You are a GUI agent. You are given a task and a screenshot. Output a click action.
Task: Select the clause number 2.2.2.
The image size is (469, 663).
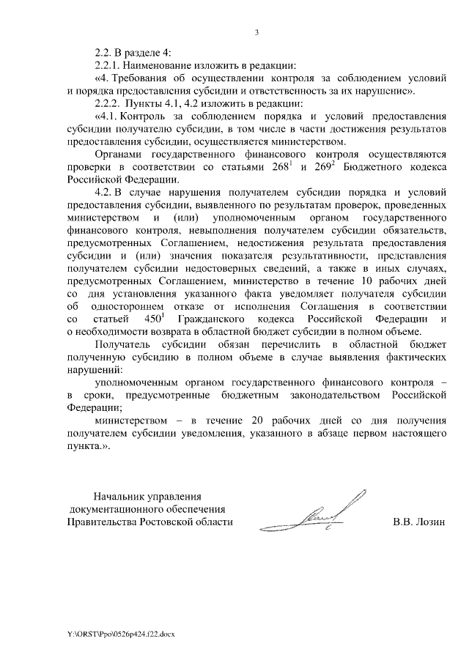tap(109, 103)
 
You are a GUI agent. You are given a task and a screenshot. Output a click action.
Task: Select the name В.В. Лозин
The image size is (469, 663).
tap(418, 522)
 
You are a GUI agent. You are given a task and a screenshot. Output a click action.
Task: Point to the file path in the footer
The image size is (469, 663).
tap(121, 632)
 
